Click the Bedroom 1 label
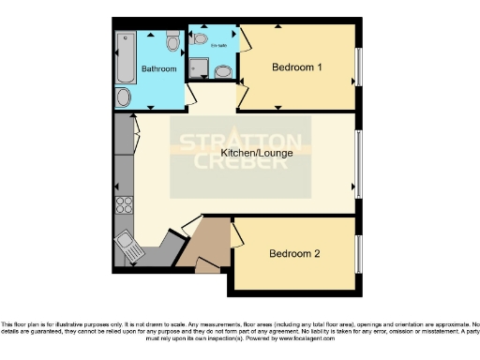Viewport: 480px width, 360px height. pyautogui.click(x=297, y=67)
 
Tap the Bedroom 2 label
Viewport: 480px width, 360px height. pyautogui.click(x=295, y=254)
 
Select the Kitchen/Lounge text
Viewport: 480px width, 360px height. pyautogui.click(x=247, y=153)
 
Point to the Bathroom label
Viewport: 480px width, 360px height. pyautogui.click(x=158, y=69)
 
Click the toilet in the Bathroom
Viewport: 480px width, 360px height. pyautogui.click(x=172, y=43)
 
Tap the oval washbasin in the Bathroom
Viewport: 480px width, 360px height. pyautogui.click(x=124, y=97)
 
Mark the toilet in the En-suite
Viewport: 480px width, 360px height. pyautogui.click(x=198, y=39)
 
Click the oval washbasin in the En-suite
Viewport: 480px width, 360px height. pyautogui.click(x=224, y=71)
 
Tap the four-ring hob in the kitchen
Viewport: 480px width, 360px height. pyautogui.click(x=124, y=206)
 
